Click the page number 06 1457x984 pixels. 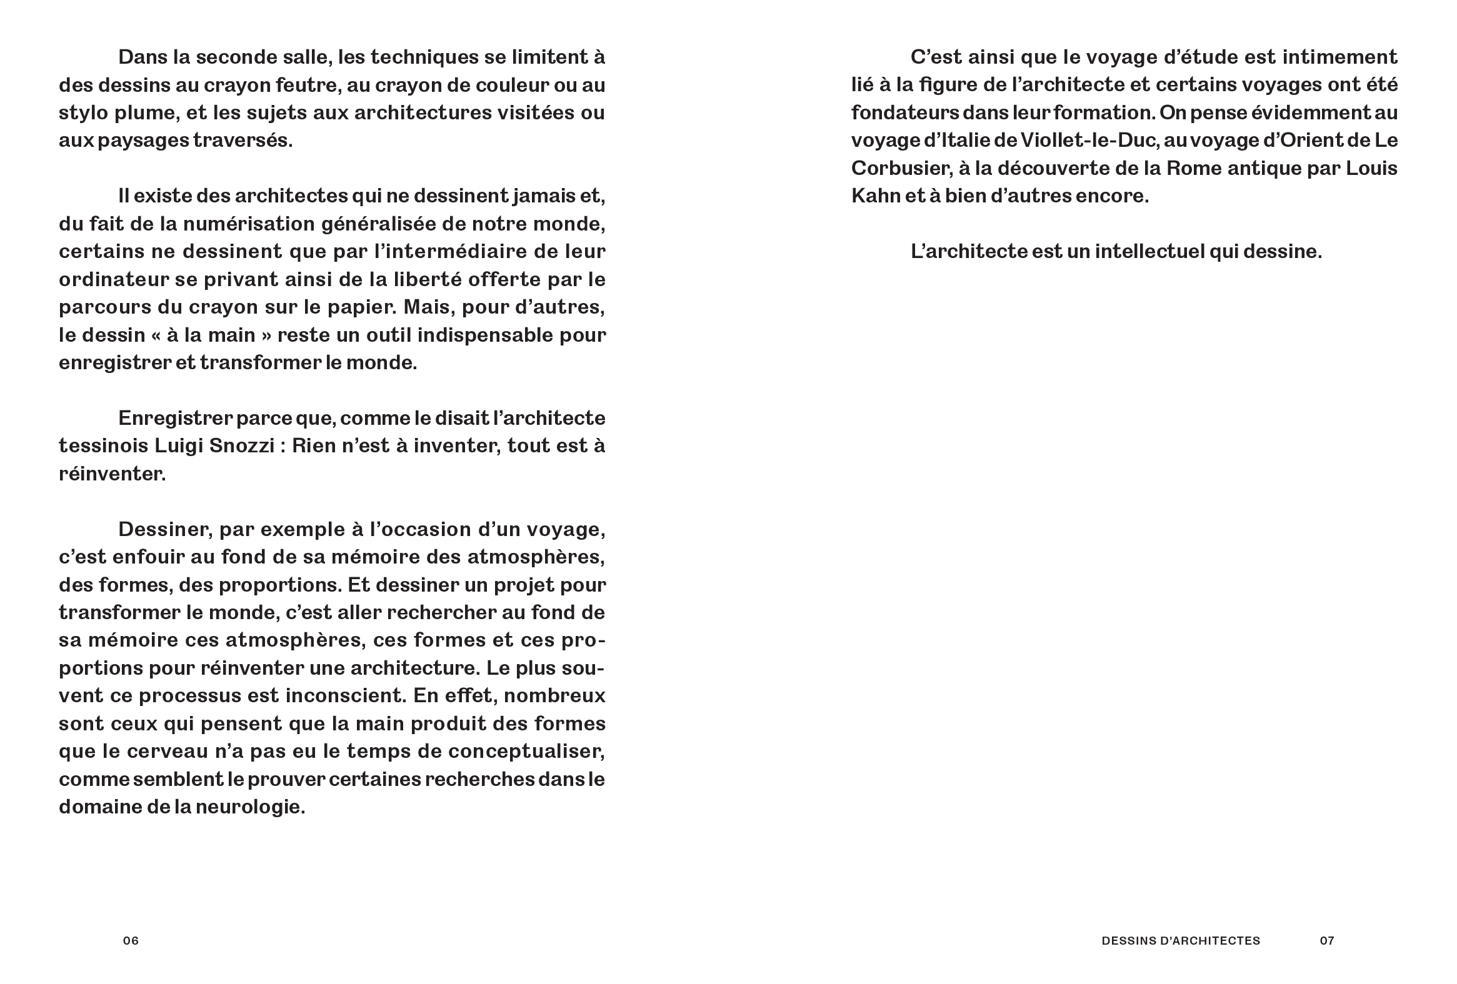131,940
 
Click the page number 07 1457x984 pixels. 1326,940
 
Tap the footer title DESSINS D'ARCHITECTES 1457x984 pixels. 1181,940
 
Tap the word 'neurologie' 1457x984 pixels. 250,807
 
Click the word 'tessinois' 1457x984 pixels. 103,445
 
